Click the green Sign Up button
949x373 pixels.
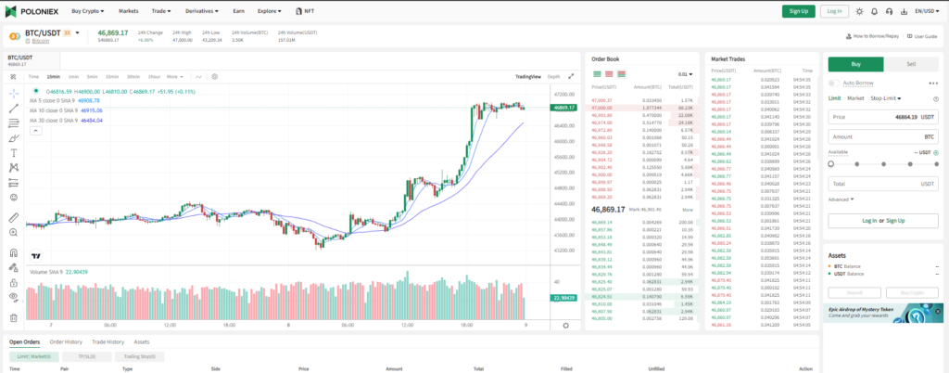797,11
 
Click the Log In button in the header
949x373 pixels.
834,11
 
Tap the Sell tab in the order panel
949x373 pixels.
911,64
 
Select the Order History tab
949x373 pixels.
66,341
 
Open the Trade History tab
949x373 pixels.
108,341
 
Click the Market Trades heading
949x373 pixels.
729,58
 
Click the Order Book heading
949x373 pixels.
605,58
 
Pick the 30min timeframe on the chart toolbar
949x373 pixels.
133,76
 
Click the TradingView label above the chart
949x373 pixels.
527,76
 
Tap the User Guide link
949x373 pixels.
924,36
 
